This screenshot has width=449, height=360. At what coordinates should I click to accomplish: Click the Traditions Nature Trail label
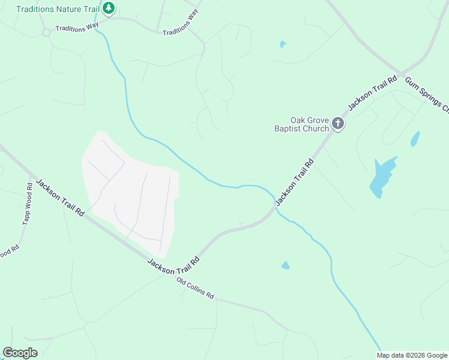(58, 9)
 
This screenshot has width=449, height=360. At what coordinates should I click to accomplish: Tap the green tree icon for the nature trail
(109, 8)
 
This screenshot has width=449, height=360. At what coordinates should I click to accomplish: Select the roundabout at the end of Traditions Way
(46, 32)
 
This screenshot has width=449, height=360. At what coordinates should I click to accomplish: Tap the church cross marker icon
(338, 124)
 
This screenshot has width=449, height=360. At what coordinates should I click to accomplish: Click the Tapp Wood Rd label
(28, 204)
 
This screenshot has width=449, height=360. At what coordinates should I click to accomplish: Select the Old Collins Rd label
(195, 289)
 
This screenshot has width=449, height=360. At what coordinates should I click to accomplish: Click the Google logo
(20, 353)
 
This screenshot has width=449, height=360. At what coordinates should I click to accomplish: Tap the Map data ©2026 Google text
(411, 355)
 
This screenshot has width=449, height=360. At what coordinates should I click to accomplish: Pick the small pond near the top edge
(283, 44)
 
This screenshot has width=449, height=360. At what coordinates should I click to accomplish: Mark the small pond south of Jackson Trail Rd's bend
(285, 265)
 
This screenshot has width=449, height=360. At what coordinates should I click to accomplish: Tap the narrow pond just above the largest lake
(414, 139)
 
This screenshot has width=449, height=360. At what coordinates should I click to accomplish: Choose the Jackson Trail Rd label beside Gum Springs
(373, 93)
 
